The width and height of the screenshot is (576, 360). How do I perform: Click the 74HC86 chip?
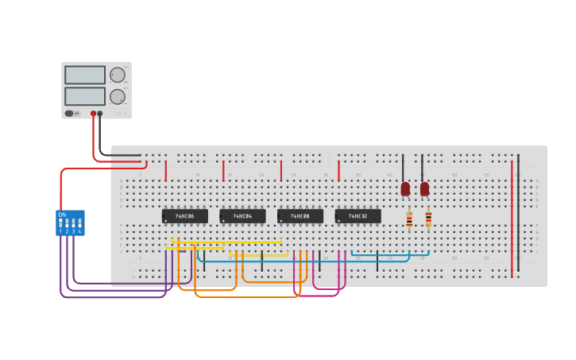pos(184,216)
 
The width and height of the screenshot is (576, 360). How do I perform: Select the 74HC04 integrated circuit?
pos(242,216)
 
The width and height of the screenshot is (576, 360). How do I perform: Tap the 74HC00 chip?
pos(300,216)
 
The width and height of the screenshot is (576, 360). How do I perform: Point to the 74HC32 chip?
pos(358,216)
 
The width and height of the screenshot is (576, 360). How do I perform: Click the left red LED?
pos(405,189)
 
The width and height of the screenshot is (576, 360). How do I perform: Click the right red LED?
pos(424,189)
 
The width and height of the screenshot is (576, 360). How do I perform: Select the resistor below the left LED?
pos(409,220)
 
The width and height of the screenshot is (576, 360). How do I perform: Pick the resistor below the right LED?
pos(428,219)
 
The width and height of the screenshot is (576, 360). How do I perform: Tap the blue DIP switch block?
pos(70,223)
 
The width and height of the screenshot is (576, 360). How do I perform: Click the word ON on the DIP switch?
pos(62,215)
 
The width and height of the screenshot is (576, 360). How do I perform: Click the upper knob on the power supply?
pos(118,75)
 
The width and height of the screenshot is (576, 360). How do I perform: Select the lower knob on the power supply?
pos(118,96)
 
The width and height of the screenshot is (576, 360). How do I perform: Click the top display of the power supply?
pos(85,75)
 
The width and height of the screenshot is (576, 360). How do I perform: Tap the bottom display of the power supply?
pos(85,95)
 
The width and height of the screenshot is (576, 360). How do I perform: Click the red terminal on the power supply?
pos(93,114)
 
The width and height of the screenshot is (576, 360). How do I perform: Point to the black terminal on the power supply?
pos(100,114)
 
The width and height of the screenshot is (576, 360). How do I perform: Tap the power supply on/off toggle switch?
pos(70,114)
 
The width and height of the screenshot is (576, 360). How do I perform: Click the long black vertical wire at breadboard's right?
pos(519,215)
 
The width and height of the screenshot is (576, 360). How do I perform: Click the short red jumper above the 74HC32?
pos(338,171)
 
